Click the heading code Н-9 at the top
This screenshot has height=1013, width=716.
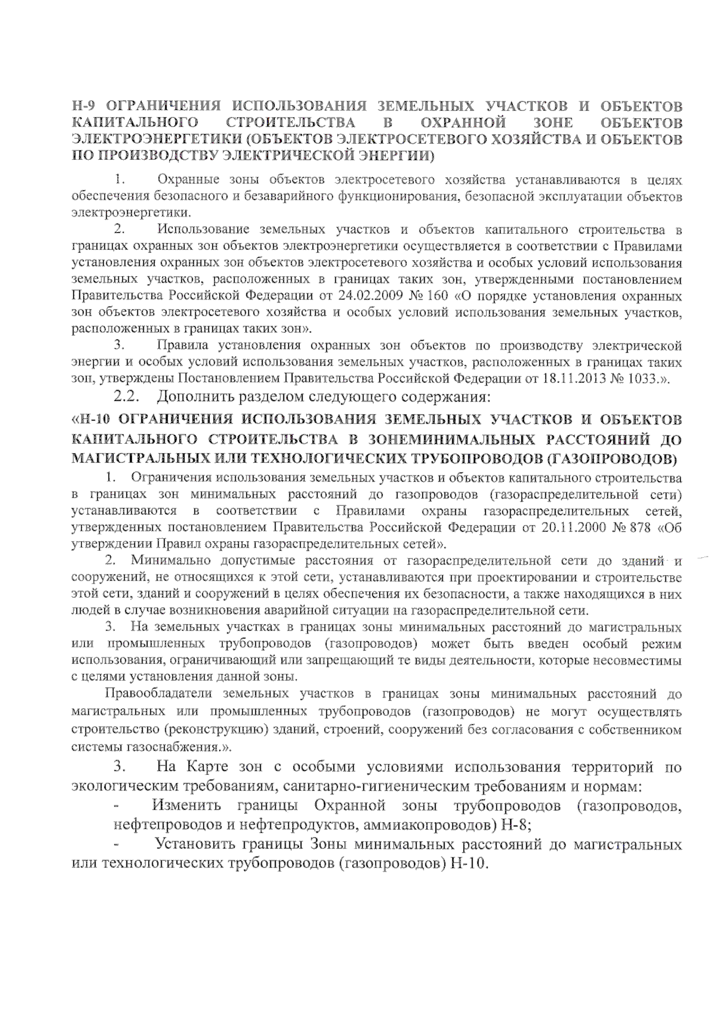pos(86,107)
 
